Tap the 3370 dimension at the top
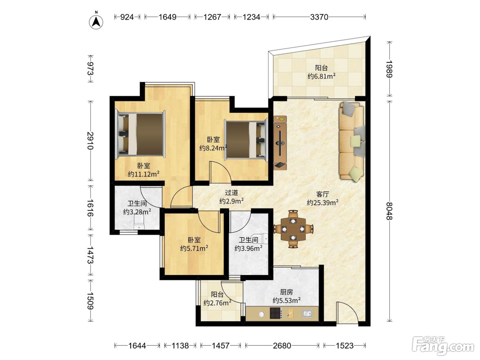(x=319, y=17)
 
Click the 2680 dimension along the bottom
(x=282, y=346)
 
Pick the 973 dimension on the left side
(x=91, y=69)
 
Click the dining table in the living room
(x=293, y=229)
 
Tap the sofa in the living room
(x=352, y=142)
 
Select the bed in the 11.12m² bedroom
(x=140, y=134)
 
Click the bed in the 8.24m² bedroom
(x=246, y=140)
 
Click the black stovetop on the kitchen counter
(x=275, y=313)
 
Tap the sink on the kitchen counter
(x=308, y=313)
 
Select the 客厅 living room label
(x=323, y=194)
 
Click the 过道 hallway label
(x=231, y=193)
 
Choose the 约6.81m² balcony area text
(x=322, y=76)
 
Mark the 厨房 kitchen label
(x=286, y=292)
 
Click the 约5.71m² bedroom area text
(x=194, y=248)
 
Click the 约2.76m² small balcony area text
(x=217, y=303)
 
